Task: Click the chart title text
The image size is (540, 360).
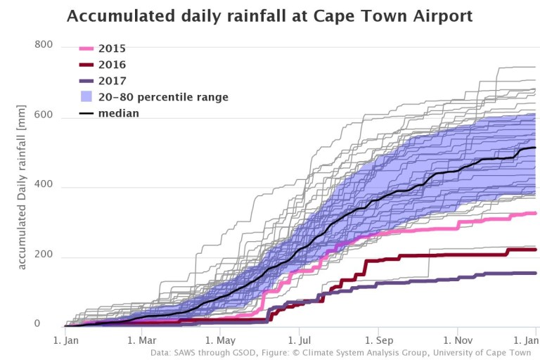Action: [x=269, y=15]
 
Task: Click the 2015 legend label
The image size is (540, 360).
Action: [x=112, y=49]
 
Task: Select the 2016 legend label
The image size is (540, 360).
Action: [x=112, y=65]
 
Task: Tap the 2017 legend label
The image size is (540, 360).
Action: [x=112, y=81]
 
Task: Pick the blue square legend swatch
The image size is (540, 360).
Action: [x=84, y=97]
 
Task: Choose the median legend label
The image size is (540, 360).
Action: [x=120, y=113]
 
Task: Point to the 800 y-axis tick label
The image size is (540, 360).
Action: [x=44, y=45]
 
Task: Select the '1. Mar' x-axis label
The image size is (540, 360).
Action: [x=142, y=340]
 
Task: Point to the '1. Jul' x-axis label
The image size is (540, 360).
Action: [x=300, y=340]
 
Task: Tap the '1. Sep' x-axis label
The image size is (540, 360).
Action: [x=379, y=340]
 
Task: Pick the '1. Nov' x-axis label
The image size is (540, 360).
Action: [x=458, y=340]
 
